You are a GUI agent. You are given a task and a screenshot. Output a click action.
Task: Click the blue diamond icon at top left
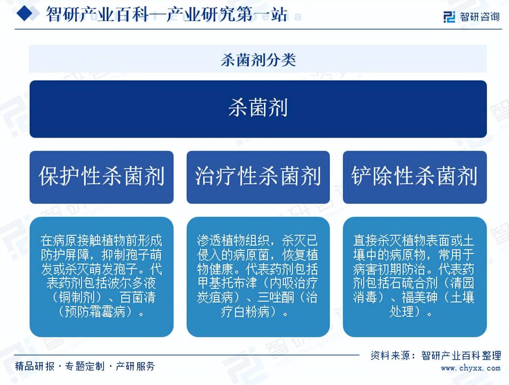27,14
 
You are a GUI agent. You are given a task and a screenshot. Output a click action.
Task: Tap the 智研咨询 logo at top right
471,17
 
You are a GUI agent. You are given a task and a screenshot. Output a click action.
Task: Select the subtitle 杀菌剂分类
258,59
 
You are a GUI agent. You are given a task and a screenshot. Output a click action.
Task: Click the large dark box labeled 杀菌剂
258,109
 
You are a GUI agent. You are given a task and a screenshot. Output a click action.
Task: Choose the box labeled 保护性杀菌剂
101,177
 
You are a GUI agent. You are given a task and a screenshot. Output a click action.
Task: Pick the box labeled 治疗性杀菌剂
258,177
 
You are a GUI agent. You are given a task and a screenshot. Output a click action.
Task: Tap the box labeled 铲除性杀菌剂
415,177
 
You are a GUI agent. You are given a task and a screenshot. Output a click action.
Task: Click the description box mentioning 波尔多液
101,277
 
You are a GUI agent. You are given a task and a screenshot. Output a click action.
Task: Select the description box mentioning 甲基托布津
258,277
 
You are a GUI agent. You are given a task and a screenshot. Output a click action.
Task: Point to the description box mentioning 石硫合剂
415,277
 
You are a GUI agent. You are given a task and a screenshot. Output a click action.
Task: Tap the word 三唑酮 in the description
275,297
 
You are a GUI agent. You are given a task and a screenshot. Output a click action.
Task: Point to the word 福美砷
419,297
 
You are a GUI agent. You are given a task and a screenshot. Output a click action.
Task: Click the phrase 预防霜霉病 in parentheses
95,312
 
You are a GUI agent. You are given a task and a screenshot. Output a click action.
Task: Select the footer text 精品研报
35,366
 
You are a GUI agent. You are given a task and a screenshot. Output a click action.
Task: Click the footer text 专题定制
85,366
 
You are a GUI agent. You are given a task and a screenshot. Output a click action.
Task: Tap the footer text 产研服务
135,366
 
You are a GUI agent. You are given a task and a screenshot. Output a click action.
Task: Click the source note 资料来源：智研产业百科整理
435,355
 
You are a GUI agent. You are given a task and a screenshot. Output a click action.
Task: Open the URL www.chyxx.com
470,368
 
